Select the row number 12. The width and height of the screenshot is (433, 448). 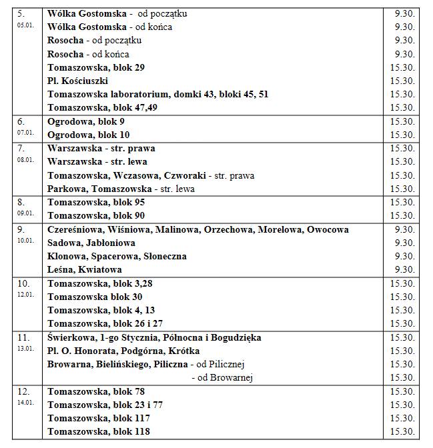pyautogui.click(x=21, y=391)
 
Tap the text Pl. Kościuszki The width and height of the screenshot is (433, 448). pyautogui.click(x=77, y=81)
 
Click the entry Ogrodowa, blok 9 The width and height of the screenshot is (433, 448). pyautogui.click(x=86, y=121)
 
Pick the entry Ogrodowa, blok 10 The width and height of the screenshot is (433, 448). pyautogui.click(x=89, y=135)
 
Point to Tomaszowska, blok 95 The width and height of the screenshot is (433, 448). pyautogui.click(x=96, y=202)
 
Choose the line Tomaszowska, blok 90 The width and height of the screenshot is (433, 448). pyautogui.click(x=96, y=215)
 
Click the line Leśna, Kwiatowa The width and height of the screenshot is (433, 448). pyautogui.click(x=85, y=269)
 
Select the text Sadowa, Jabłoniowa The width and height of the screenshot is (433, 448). pyautogui.click(x=91, y=243)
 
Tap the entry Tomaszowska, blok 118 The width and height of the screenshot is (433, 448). pyautogui.click(x=99, y=431)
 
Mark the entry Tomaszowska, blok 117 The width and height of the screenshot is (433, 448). pyautogui.click(x=99, y=418)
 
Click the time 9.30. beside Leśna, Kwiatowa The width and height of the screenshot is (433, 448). pyautogui.click(x=404, y=269)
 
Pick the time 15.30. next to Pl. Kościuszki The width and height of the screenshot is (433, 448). pyautogui.click(x=402, y=81)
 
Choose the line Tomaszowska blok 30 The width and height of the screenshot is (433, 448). pyautogui.click(x=95, y=297)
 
